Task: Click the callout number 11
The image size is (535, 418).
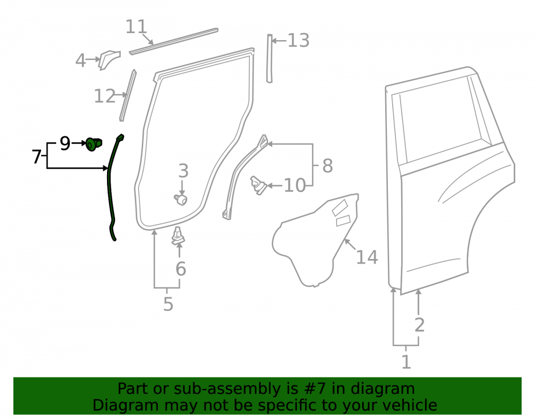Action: point(136,27)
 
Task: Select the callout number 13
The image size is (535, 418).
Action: point(298,40)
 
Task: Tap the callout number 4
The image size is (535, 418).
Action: point(80,60)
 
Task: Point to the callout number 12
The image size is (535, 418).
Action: point(104,96)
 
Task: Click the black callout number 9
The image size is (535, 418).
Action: point(65,143)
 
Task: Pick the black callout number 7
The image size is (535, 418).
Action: point(36,157)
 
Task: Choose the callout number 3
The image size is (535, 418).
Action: point(183,170)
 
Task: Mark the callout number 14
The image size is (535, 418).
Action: point(367,257)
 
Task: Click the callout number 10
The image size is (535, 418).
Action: point(294,185)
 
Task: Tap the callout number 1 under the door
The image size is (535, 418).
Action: point(406,362)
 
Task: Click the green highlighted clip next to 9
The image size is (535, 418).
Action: point(93,144)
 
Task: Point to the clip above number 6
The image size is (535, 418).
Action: point(178,236)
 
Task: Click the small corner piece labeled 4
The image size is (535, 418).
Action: point(109,60)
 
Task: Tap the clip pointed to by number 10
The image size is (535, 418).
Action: point(258,185)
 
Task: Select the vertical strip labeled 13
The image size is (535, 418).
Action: point(270,58)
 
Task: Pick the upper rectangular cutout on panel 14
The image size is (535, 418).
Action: point(340,208)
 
